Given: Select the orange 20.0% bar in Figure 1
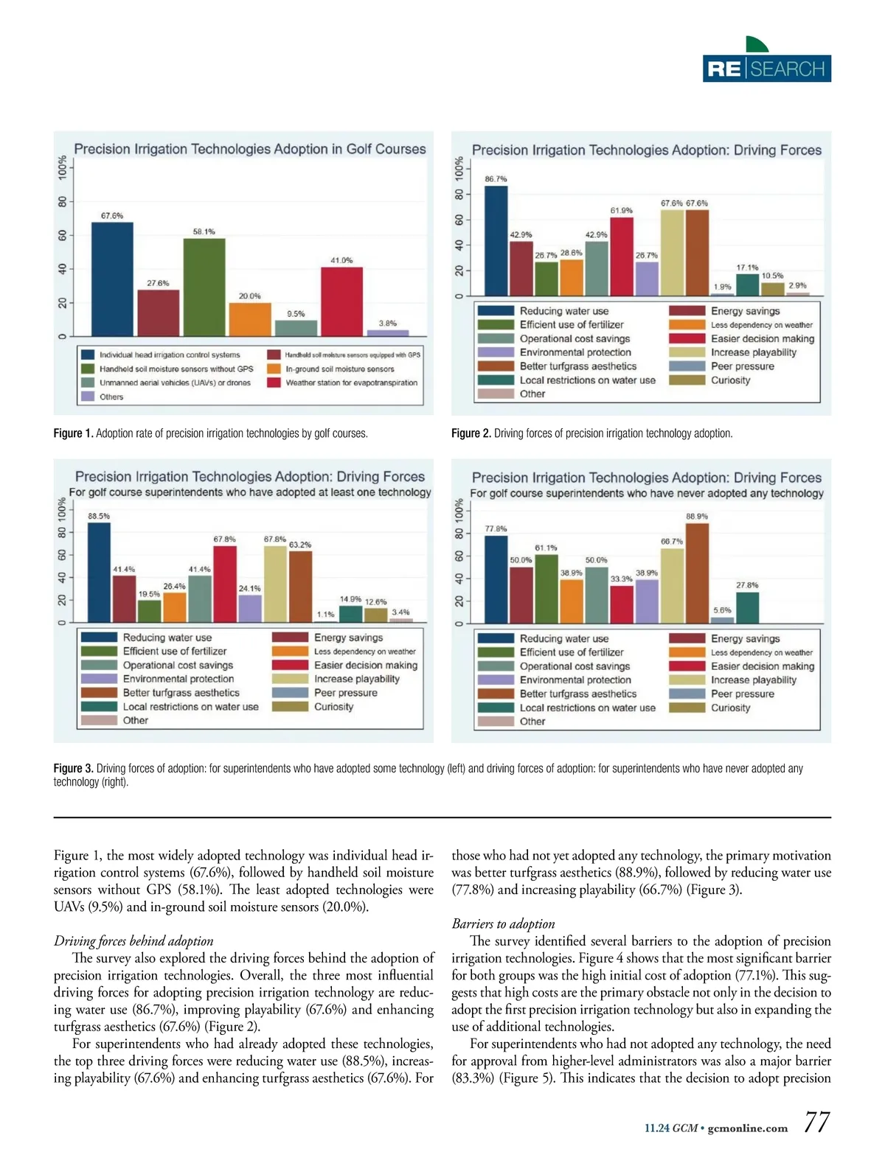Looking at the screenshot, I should click(250, 319).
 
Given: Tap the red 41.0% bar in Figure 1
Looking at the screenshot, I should click(341, 301).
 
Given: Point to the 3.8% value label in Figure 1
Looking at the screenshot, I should click(387, 324).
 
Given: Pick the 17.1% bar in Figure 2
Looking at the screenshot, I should click(747, 284).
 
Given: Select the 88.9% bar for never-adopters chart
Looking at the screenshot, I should click(697, 573).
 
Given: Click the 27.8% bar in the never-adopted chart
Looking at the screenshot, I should click(747, 607).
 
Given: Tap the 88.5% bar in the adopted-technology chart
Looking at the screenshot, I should click(99, 572).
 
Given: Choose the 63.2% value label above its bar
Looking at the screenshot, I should click(300, 545).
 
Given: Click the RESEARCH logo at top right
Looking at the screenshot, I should click(767, 69).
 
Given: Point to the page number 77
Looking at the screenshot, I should click(816, 1123).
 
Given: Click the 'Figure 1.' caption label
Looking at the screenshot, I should click(73, 433).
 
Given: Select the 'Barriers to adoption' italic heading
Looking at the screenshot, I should click(503, 924).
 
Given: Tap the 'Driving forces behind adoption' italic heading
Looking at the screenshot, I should click(133, 940).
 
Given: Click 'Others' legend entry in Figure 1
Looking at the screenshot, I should click(111, 397).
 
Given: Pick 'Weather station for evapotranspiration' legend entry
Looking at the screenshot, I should click(351, 383).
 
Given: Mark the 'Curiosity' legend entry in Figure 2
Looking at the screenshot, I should click(730, 380).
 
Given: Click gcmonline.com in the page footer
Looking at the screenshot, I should click(748, 1128).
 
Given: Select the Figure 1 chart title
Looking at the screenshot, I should click(250, 149).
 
